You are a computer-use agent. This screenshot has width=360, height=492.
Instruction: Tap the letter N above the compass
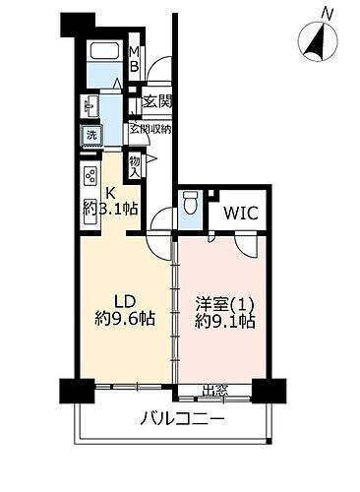click(327, 12)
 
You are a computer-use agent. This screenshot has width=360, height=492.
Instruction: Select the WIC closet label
click(239, 211)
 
